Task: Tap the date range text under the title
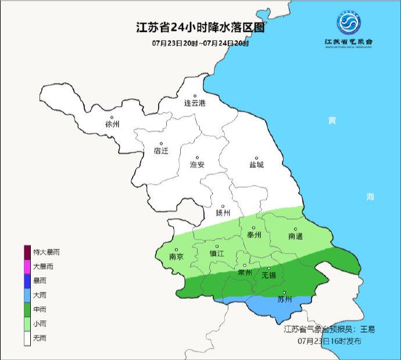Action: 200,44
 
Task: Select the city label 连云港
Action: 195,104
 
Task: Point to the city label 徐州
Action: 112,124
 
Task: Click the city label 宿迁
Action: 161,151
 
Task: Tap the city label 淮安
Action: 198,165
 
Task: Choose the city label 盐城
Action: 256,165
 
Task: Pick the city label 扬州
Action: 223,212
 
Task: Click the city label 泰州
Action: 254,235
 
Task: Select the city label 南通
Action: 295,236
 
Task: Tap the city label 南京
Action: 176,256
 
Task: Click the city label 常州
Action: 245,272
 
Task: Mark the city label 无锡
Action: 268,275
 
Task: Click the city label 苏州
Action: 284,300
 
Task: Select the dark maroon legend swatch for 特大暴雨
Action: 27,252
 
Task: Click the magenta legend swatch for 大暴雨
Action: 27,266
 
